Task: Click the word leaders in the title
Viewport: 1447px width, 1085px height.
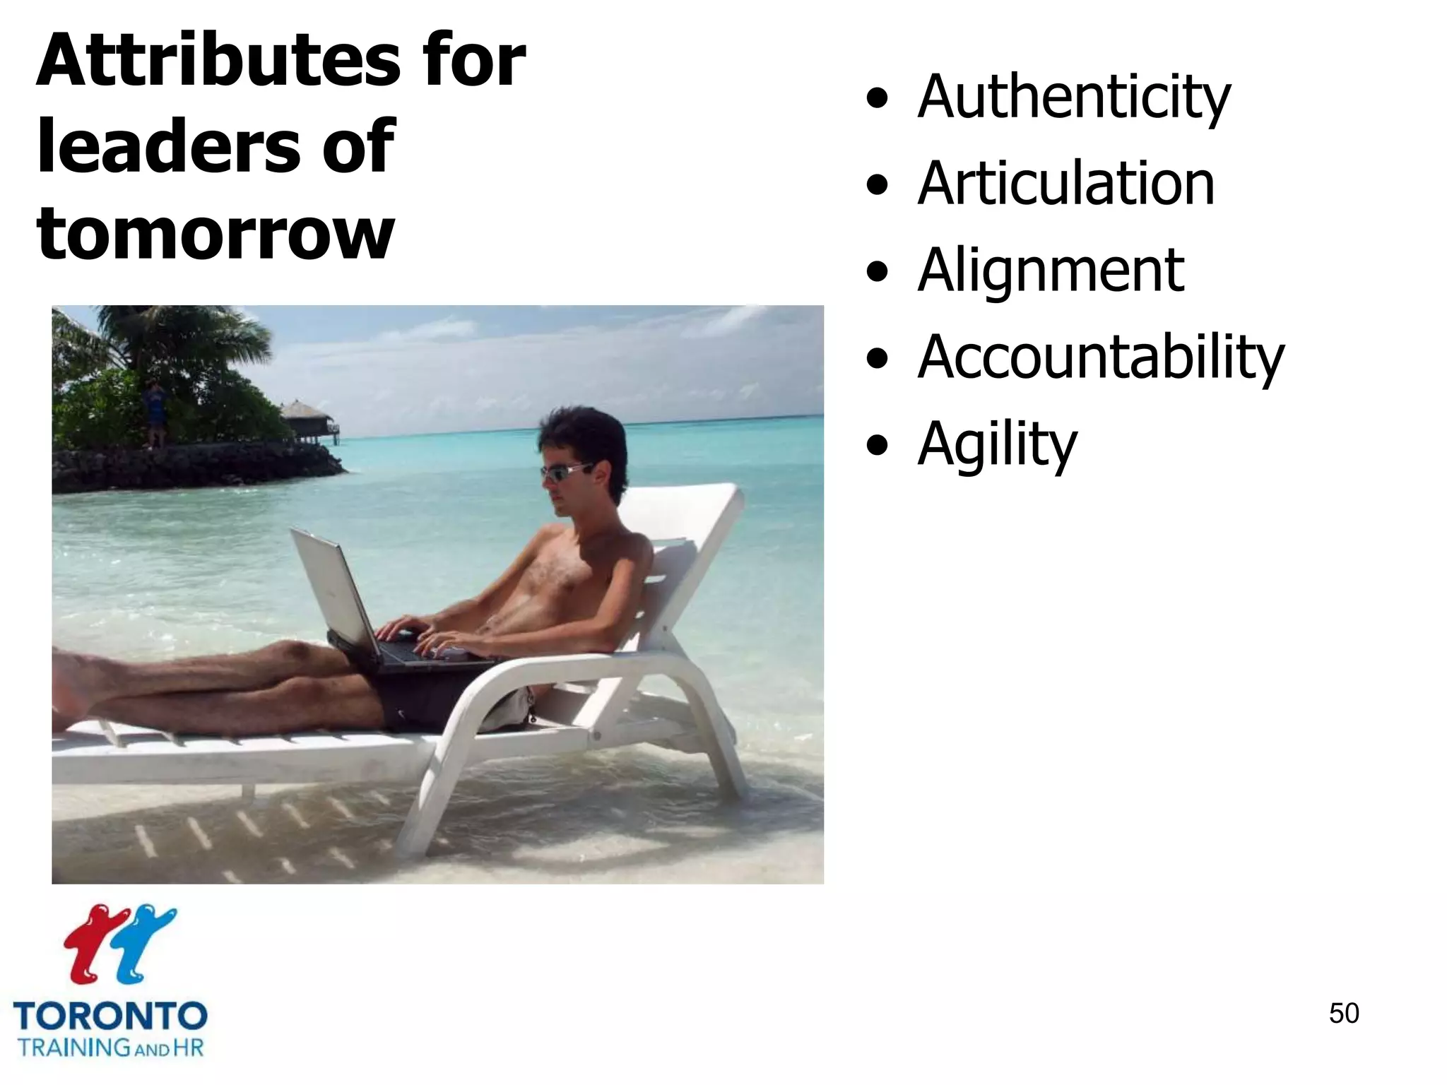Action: tap(163, 146)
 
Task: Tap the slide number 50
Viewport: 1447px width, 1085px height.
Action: tap(1343, 1013)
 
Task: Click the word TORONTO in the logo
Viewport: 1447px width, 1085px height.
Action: tap(110, 1017)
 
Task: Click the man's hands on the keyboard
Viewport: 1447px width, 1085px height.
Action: tap(424, 636)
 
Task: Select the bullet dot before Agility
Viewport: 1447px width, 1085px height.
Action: tap(877, 446)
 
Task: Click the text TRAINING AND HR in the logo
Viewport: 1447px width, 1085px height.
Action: tap(110, 1047)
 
